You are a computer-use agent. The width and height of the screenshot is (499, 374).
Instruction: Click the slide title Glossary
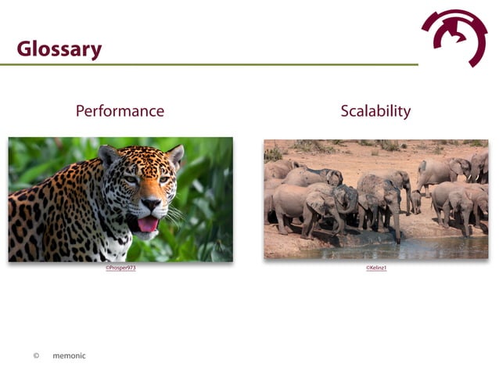tap(59, 49)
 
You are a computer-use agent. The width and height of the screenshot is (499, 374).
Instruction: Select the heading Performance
tap(120, 111)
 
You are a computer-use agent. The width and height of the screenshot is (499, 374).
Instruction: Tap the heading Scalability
tap(375, 111)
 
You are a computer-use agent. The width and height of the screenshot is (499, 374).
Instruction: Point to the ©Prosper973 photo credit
tap(120, 268)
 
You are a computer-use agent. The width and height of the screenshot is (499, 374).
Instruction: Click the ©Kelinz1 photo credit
tap(376, 268)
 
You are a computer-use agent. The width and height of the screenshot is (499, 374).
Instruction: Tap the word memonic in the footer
tap(69, 356)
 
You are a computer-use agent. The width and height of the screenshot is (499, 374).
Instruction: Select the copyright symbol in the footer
tap(36, 356)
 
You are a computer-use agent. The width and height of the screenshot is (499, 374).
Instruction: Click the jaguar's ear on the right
tap(176, 155)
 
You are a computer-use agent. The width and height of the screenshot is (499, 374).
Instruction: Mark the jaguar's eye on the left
tap(131, 179)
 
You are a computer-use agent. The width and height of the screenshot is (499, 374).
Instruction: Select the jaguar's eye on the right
tap(163, 179)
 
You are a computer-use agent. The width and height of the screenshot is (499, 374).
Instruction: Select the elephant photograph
tap(375, 199)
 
